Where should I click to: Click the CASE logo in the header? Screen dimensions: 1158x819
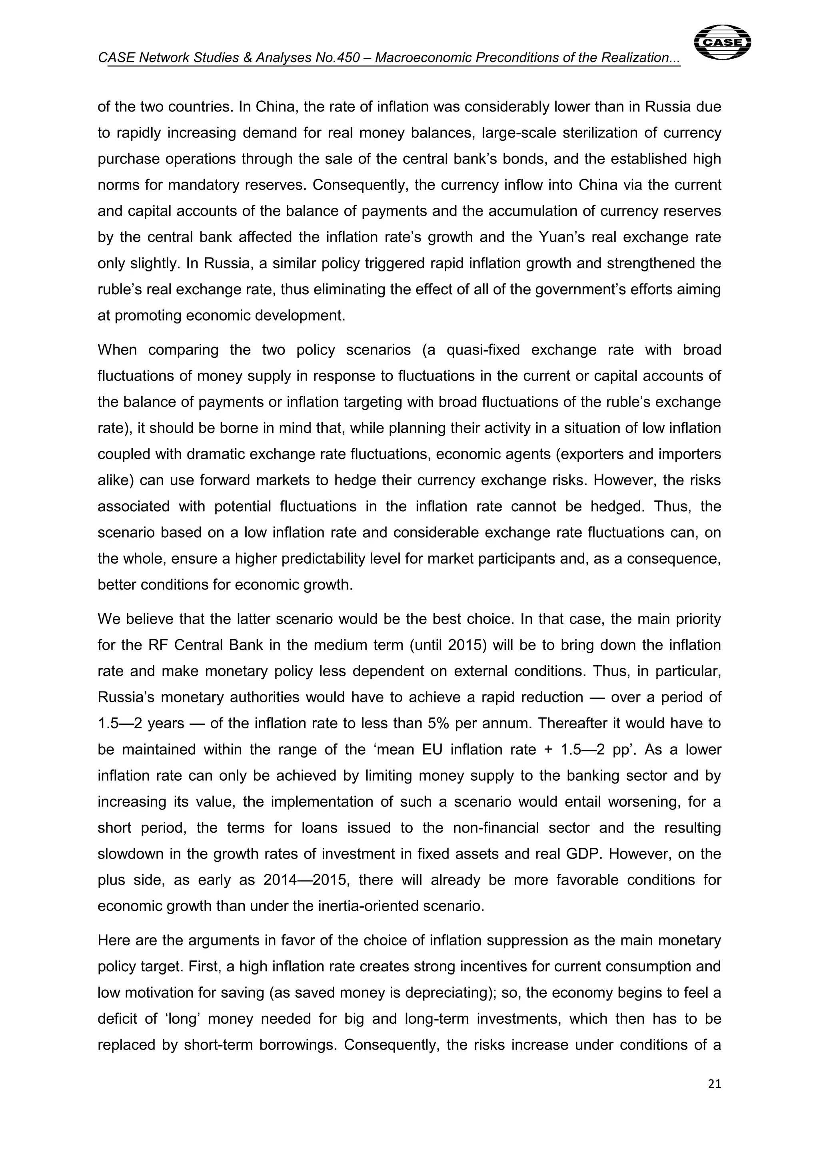(722, 42)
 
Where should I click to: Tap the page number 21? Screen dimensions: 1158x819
(715, 1083)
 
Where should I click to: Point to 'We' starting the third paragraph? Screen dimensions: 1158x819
(108, 619)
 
